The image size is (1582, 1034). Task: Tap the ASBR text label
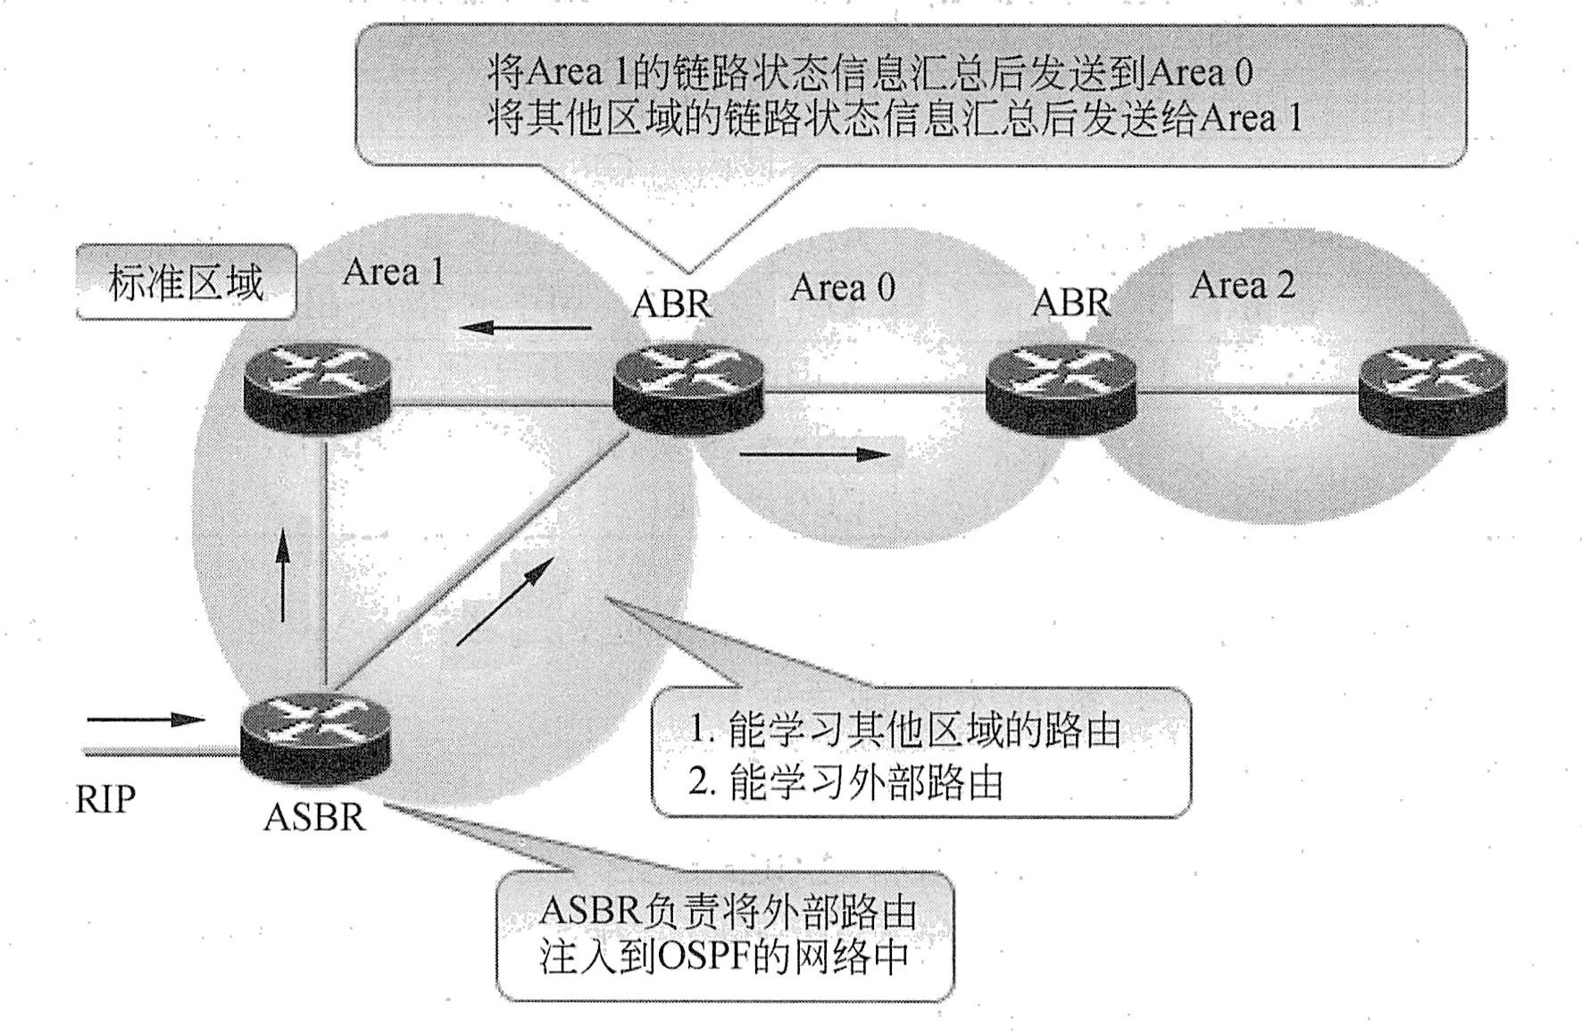pyautogui.click(x=315, y=817)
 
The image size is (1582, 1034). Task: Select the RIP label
pyautogui.click(x=105, y=799)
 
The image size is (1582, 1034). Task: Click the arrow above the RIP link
pyautogui.click(x=146, y=719)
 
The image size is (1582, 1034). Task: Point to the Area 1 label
pyautogui.click(x=393, y=271)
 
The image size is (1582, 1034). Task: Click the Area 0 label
pyautogui.click(x=842, y=288)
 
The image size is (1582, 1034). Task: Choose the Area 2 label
pyautogui.click(x=1242, y=285)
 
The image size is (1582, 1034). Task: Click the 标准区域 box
pyautogui.click(x=186, y=282)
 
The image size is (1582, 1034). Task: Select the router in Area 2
pyautogui.click(x=1432, y=389)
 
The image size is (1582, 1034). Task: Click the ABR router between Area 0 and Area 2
pyautogui.click(x=1062, y=389)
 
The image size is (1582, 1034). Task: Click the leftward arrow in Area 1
pyautogui.click(x=527, y=328)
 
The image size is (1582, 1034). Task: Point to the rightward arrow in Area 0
pyautogui.click(x=814, y=454)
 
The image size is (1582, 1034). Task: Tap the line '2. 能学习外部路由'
pyautogui.click(x=846, y=782)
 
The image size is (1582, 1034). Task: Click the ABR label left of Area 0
pyautogui.click(x=671, y=304)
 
